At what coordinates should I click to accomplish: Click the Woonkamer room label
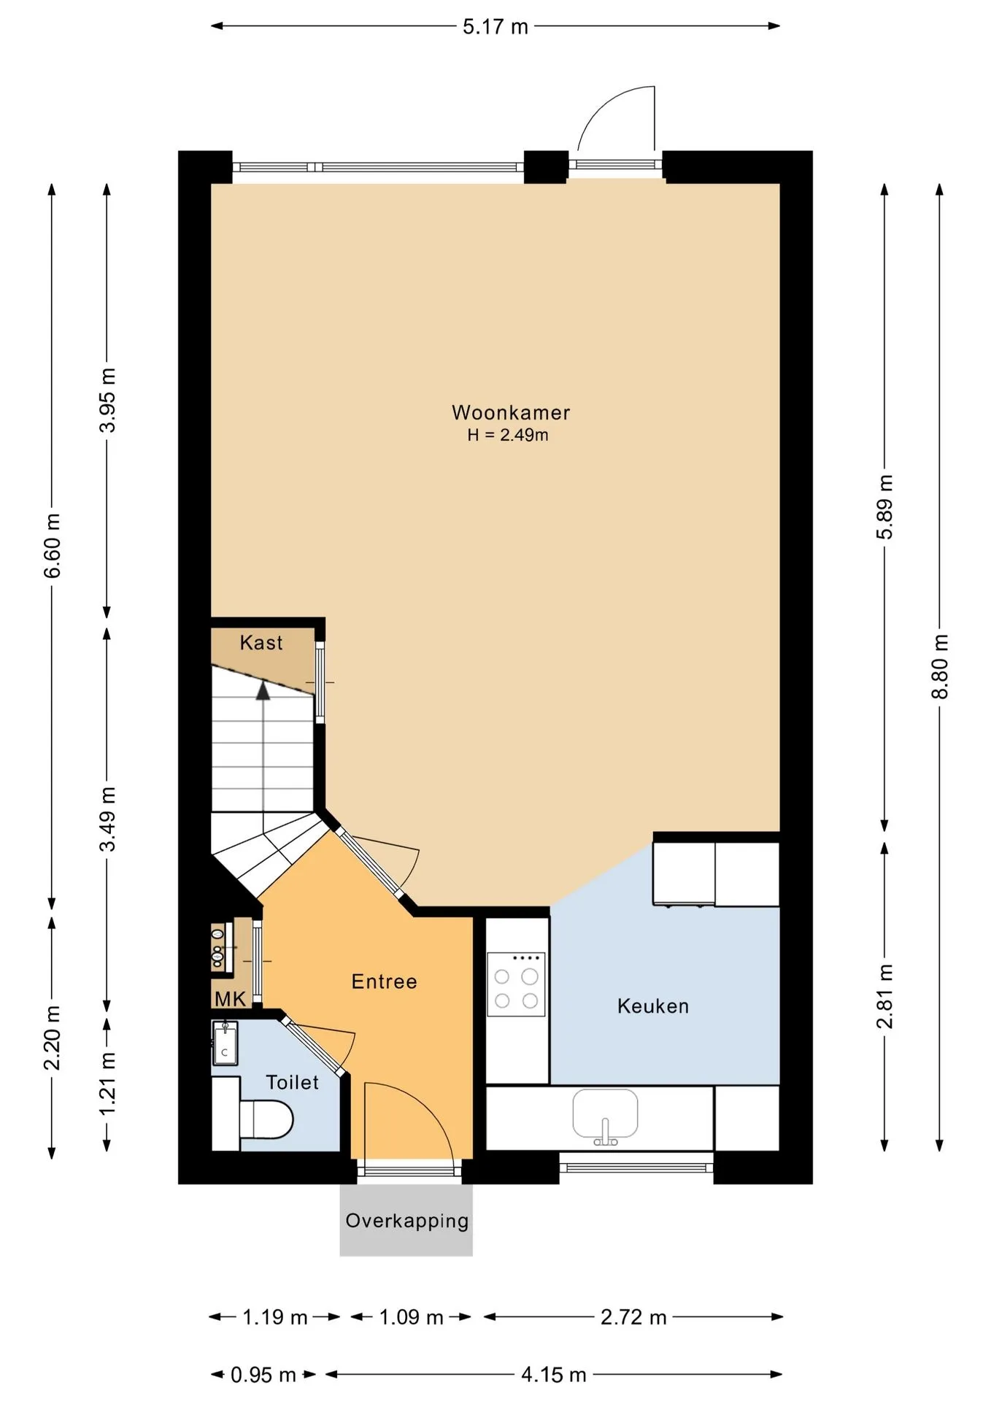(511, 412)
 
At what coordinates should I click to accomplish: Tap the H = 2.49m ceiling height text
(508, 436)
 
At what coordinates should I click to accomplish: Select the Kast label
(261, 643)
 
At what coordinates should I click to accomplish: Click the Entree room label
(385, 981)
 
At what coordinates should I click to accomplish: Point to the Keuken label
(653, 1006)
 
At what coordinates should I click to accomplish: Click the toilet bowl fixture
(266, 1119)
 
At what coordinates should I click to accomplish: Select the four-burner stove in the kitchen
(516, 984)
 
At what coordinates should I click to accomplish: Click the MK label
(230, 999)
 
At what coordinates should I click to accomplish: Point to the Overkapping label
(407, 1221)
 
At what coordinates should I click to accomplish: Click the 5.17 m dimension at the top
(495, 27)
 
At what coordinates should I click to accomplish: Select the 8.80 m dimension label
(940, 666)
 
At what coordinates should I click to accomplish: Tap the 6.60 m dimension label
(53, 545)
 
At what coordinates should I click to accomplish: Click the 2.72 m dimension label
(633, 1317)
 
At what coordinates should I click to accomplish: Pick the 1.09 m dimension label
(412, 1317)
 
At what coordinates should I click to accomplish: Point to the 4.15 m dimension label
(554, 1375)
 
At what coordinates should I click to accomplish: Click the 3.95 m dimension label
(108, 400)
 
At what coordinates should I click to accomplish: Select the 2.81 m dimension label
(885, 996)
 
